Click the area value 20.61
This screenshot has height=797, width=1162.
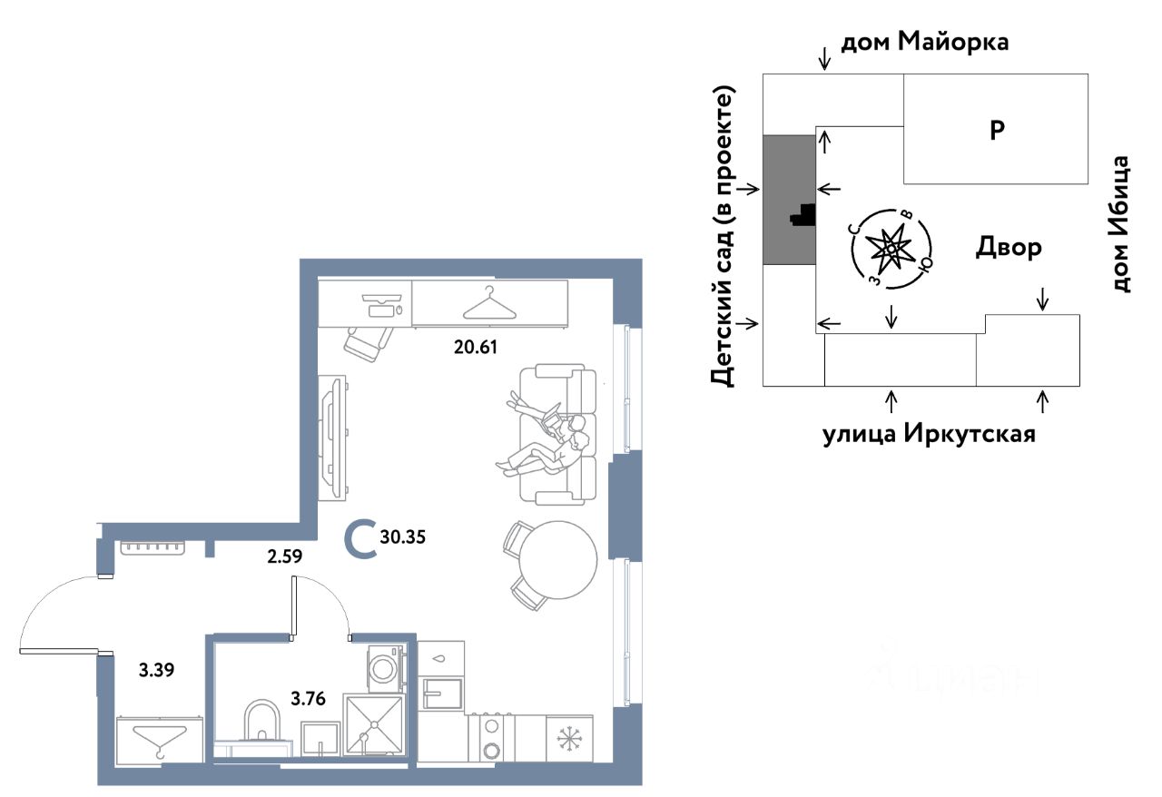476,346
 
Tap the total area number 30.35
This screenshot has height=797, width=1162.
404,536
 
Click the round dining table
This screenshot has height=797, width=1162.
556,558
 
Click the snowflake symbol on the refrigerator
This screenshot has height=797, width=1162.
569,738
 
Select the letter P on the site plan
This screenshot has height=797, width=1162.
996,131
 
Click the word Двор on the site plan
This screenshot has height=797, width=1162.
1009,248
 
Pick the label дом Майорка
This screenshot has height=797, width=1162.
925,42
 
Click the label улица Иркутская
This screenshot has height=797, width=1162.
929,435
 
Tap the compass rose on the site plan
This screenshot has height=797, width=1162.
891,248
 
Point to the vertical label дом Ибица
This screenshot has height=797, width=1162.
1122,224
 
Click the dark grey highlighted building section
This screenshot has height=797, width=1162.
788,200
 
